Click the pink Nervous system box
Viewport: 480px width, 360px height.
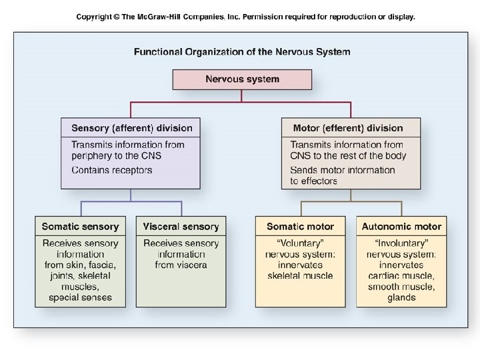[x=242, y=79]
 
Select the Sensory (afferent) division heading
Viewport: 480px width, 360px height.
[x=131, y=128]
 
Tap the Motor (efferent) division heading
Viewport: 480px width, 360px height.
[x=347, y=128]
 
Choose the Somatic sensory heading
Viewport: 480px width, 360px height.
[x=80, y=227]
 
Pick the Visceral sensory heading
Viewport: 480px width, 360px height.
[x=181, y=227]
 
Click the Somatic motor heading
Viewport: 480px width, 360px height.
[x=300, y=227]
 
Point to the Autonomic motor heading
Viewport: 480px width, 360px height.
[x=401, y=227]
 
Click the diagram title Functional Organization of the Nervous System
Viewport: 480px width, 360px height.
[x=242, y=51]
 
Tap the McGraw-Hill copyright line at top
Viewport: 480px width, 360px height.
[x=245, y=17]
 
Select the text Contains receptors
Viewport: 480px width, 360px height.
[x=111, y=170]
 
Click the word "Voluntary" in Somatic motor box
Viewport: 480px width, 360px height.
[x=300, y=243]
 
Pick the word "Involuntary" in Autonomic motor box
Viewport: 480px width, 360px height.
[x=401, y=243]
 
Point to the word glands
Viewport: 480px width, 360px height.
[x=401, y=297]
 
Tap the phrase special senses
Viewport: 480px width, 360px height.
[x=80, y=297]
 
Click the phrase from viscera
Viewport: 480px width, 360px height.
[x=181, y=265]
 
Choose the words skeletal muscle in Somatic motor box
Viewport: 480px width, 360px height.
[x=300, y=275]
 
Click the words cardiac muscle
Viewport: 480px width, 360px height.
[x=401, y=275]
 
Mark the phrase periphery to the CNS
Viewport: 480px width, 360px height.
[x=116, y=155]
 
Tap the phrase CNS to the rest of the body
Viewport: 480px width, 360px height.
[x=347, y=155]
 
